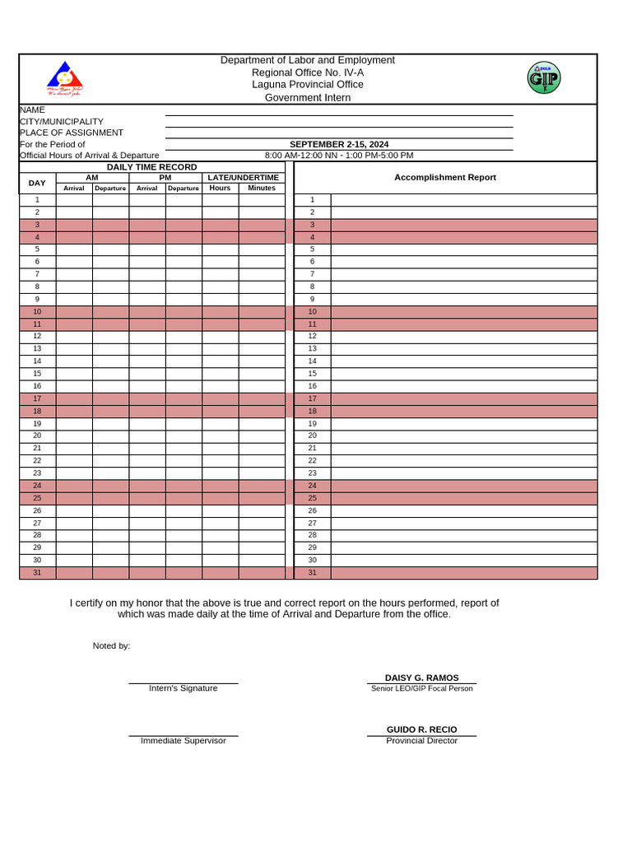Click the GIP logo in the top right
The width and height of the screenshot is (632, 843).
click(x=543, y=78)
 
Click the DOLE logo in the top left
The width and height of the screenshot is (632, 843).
click(x=65, y=79)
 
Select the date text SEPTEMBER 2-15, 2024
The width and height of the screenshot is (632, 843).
click(x=339, y=144)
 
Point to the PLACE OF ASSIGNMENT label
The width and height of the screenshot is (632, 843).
click(x=72, y=133)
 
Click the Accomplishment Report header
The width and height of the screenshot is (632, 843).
click(x=444, y=177)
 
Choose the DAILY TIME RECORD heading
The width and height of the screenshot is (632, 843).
click(x=151, y=167)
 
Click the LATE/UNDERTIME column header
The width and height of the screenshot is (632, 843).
click(x=243, y=177)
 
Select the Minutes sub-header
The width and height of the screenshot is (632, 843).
click(x=261, y=188)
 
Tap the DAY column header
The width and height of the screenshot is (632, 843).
click(x=37, y=183)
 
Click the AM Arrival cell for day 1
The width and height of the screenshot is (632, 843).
click(x=74, y=200)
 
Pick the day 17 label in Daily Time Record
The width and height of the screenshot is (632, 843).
click(x=37, y=398)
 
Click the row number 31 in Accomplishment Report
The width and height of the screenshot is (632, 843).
click(x=312, y=572)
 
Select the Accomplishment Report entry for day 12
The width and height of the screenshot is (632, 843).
click(x=463, y=336)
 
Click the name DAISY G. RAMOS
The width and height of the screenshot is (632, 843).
click(x=421, y=678)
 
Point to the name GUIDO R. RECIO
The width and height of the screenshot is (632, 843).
click(x=421, y=729)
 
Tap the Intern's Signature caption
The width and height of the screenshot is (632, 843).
click(x=183, y=688)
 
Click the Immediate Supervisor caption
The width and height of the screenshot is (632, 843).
click(x=183, y=741)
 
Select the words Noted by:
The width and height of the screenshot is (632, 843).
click(x=111, y=645)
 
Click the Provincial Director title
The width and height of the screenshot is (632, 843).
click(x=421, y=741)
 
